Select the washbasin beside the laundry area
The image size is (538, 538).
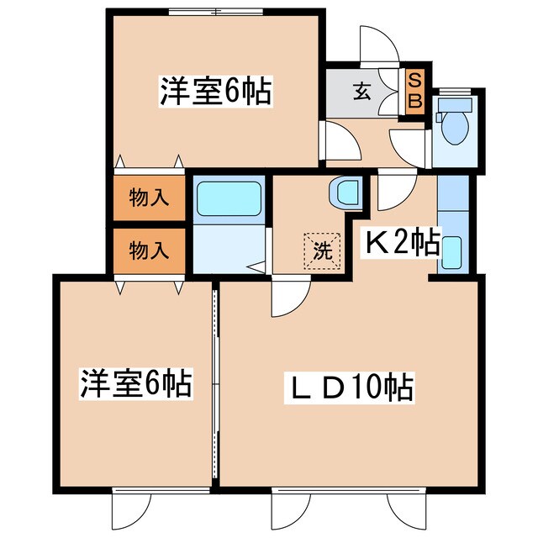tap(346, 193)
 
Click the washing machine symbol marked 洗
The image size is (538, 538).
tap(324, 248)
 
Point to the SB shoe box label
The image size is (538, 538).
tap(415, 90)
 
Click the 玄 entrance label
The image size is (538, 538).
tap(361, 92)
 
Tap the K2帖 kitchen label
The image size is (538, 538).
tap(401, 243)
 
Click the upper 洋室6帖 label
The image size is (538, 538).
tap(215, 91)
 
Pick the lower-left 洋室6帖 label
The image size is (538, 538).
tap(135, 383)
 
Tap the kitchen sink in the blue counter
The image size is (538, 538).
tap(451, 251)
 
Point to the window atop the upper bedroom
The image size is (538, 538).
tap(215, 12)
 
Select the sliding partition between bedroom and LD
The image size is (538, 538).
tap(215, 382)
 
